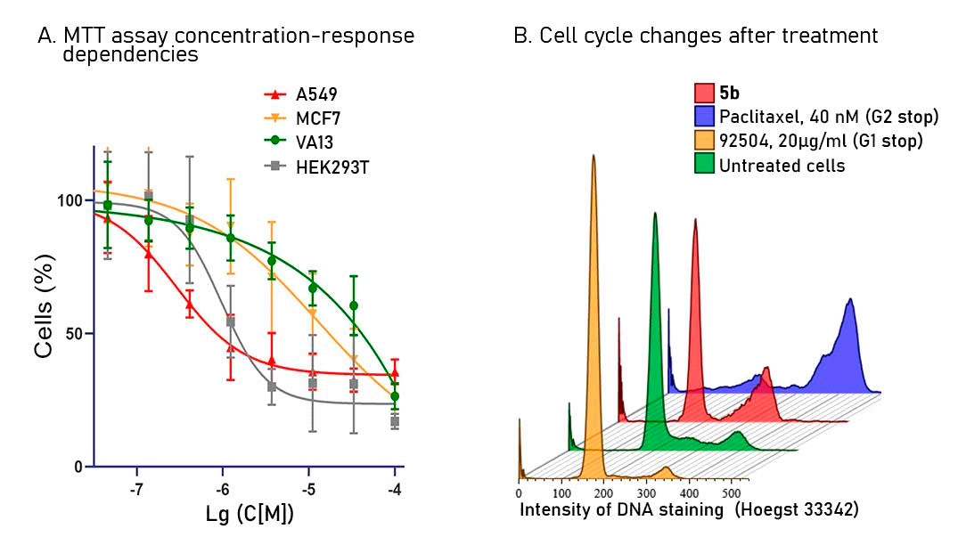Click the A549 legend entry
point(317,94)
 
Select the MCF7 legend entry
point(317,118)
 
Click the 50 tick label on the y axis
point(76,334)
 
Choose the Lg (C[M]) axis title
point(251,515)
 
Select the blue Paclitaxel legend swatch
point(704,117)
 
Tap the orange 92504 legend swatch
point(704,141)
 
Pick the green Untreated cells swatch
point(704,164)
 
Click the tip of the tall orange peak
point(594,155)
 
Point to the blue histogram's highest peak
point(852,299)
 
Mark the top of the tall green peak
point(655,213)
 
